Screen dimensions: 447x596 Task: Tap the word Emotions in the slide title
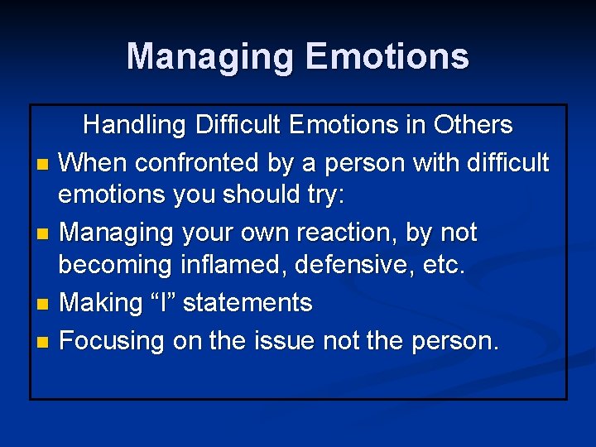[x=387, y=57]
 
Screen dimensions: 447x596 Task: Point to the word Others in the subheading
[x=471, y=125]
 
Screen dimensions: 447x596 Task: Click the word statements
[x=248, y=303]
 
